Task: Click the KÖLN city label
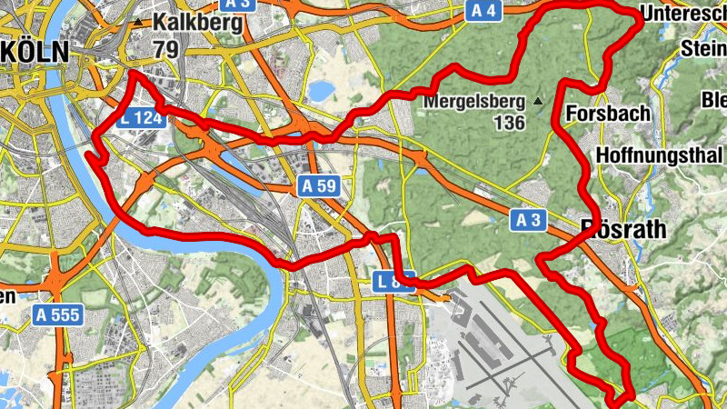click(x=35, y=52)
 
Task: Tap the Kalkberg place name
click(x=198, y=22)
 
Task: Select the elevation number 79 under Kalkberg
click(x=165, y=48)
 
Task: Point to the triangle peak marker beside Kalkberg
click(x=137, y=21)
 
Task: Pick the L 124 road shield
click(x=140, y=117)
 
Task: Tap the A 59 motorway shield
click(x=319, y=186)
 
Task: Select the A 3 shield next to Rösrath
click(x=530, y=219)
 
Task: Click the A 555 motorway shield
click(x=58, y=315)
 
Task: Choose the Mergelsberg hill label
click(x=473, y=100)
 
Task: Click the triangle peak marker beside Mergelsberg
click(x=538, y=100)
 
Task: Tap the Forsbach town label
click(x=608, y=114)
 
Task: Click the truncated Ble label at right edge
click(x=714, y=98)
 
